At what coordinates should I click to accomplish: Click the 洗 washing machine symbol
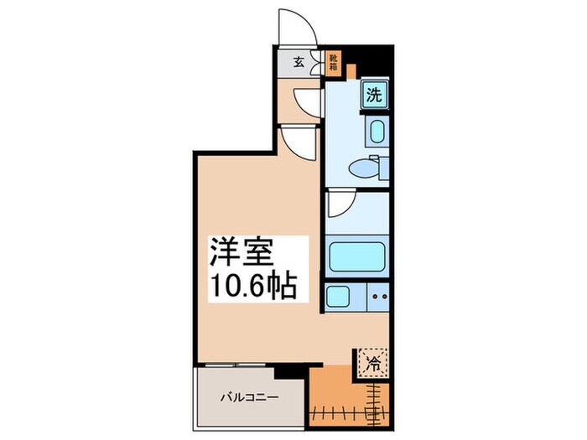coord(375,95)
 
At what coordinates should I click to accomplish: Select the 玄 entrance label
coord(299,61)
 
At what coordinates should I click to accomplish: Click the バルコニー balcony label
coord(249,398)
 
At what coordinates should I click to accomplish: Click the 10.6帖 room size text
coord(251,287)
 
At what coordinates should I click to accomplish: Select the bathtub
coord(356,256)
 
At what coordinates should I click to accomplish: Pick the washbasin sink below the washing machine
coord(375,131)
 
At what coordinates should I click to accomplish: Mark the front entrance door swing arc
coord(299,25)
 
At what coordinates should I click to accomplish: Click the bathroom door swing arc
coord(341,204)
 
